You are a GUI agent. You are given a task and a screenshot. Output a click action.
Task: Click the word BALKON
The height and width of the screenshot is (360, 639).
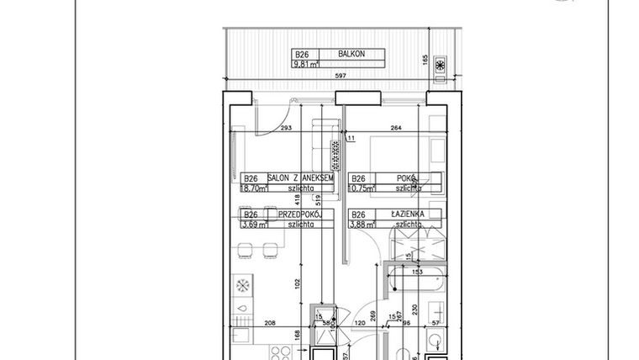point(350,53)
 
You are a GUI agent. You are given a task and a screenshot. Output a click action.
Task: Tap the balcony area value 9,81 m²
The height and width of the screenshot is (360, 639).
point(304,63)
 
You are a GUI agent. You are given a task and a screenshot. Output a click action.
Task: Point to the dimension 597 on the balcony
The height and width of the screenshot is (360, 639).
point(341,77)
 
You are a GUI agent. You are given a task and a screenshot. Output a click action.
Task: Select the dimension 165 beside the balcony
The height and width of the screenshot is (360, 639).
point(450,60)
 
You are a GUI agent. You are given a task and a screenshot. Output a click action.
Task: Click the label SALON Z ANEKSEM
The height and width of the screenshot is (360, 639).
point(300,178)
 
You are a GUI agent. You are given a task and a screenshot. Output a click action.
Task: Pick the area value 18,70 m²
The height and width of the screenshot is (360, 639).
point(253,189)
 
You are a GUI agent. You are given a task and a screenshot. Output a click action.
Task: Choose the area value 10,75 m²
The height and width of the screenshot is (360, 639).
point(362,189)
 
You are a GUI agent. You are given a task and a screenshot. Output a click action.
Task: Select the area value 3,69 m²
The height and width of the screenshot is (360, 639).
point(254,225)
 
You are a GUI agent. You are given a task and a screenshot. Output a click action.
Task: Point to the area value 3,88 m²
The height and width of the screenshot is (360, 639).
point(362,225)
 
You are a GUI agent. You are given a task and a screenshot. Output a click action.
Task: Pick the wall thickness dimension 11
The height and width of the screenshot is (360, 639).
point(351,137)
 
